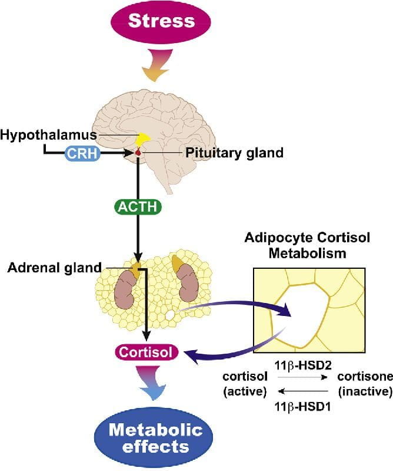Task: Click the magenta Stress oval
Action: (161, 22)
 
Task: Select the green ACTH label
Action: (138, 208)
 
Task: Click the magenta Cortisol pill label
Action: (145, 353)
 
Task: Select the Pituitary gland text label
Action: (235, 153)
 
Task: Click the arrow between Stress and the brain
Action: (155, 67)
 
